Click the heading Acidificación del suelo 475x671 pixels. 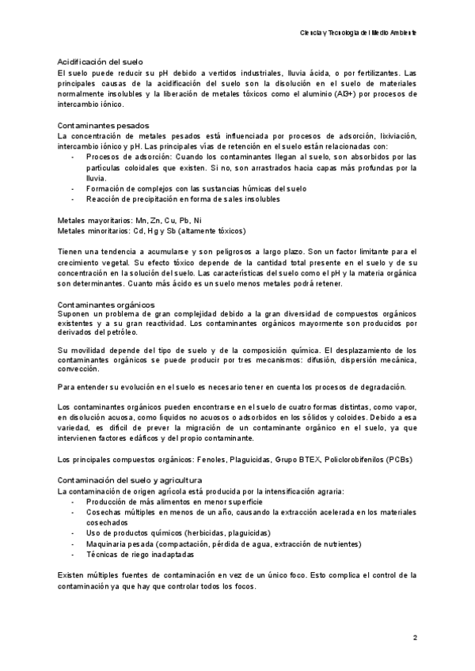pyautogui.click(x=100, y=62)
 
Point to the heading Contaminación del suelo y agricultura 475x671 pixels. pyautogui.click(x=131, y=480)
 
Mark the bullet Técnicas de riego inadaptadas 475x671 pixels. pyautogui.click(x=140, y=555)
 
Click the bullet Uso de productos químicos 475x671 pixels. pyautogui.click(x=178, y=533)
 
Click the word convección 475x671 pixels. pyautogui.click(x=78, y=369)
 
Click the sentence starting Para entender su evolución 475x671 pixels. pyautogui.click(x=233, y=386)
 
